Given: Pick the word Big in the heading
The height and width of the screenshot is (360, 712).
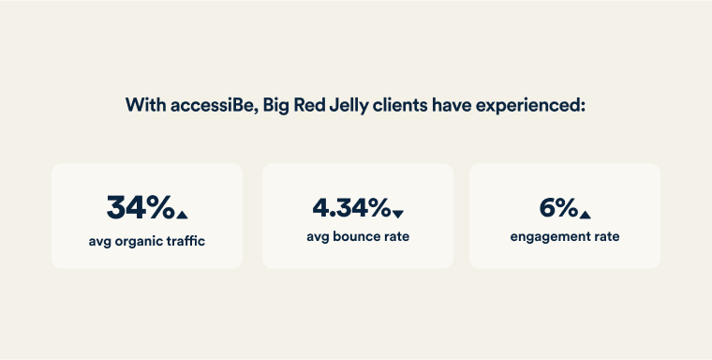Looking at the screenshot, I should click(x=272, y=105).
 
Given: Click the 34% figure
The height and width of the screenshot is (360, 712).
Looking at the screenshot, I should click(x=140, y=206).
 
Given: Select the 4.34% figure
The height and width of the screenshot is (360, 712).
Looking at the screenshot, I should click(x=350, y=206).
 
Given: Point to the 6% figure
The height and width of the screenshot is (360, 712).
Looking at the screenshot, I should click(x=558, y=206).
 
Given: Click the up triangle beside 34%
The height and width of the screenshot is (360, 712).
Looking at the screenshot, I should click(x=182, y=215).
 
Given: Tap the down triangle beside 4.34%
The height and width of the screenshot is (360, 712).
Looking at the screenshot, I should click(x=397, y=215).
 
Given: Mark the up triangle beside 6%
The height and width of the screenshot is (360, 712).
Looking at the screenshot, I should click(x=585, y=215).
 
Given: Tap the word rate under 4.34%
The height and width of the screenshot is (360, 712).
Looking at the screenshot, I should click(x=394, y=237).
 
